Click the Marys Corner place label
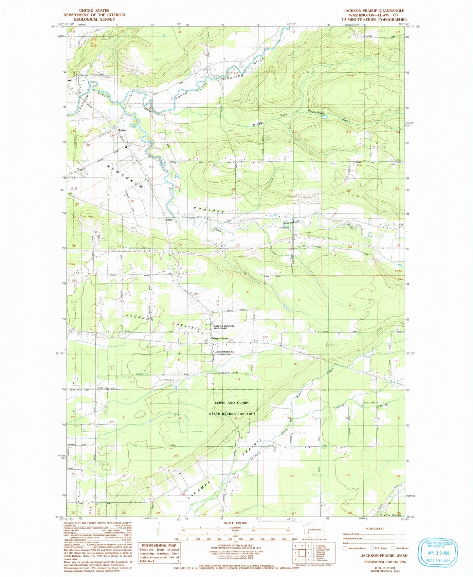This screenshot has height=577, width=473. point(221,338)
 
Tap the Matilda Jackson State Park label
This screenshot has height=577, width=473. point(224,327)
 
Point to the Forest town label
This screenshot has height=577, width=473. point(122,130)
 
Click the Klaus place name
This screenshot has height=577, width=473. point(169,220)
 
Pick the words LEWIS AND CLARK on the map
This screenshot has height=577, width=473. point(231,403)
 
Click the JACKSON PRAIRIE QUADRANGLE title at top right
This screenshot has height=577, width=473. point(374,11)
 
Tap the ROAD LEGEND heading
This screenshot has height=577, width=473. point(375,529)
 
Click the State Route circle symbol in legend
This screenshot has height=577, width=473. point(393,548)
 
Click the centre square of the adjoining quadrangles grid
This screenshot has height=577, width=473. point(302,553)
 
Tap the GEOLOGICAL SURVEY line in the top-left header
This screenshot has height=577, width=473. point(94,19)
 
